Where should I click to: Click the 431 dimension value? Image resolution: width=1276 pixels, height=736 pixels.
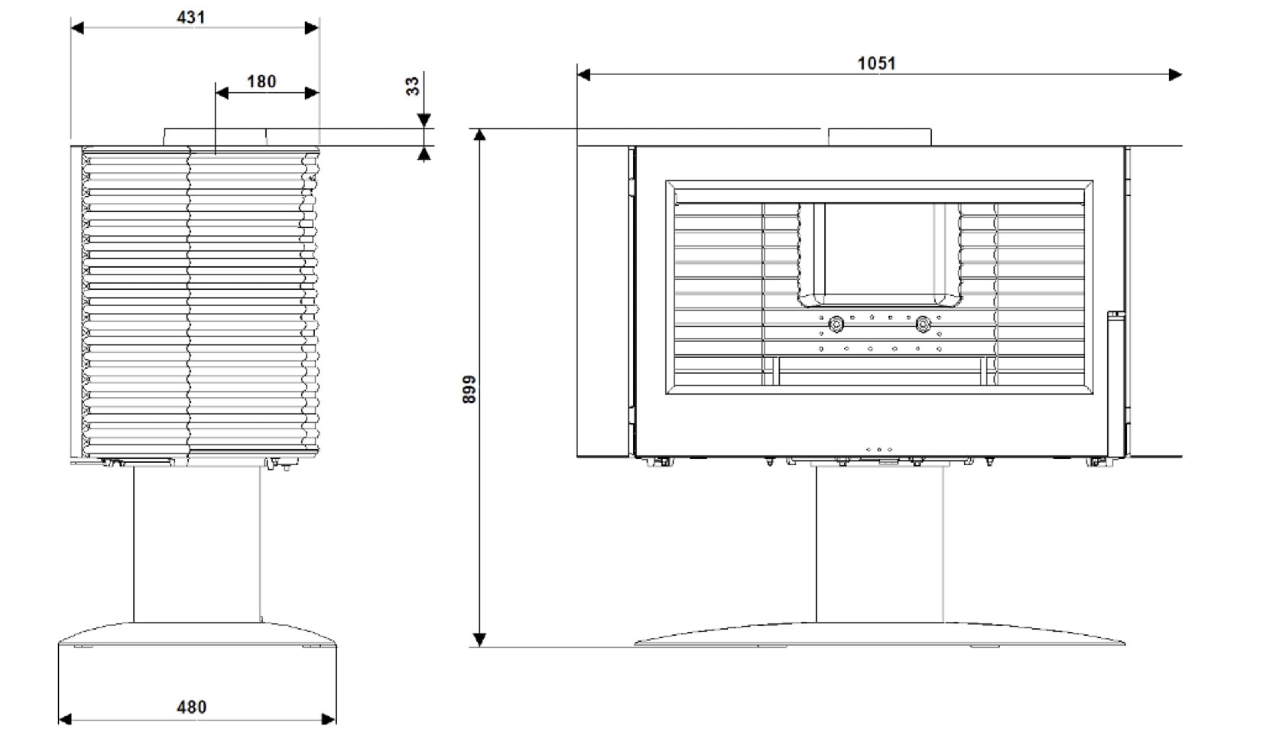[191, 17]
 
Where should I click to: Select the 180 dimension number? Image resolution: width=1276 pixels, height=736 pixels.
[261, 82]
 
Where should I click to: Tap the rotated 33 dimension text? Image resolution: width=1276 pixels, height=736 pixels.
[412, 86]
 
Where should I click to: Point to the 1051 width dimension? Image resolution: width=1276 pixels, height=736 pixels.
[877, 63]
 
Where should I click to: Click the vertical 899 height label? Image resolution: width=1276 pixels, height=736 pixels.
[469, 389]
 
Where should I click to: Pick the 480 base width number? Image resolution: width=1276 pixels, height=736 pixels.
[191, 707]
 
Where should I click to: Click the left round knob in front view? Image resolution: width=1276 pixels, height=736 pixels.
[836, 324]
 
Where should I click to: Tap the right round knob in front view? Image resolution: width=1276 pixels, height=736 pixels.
[923, 324]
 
